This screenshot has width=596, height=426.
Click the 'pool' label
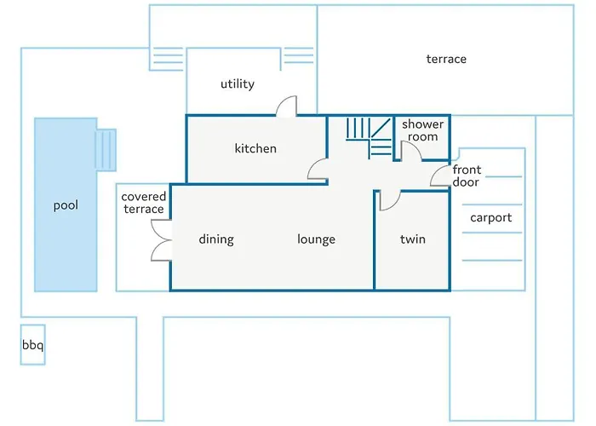point(66,205)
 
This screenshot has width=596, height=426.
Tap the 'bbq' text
point(32,346)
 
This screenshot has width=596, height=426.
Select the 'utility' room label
point(238,84)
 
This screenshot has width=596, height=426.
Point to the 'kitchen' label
point(255,148)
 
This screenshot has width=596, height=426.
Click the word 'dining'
point(216,239)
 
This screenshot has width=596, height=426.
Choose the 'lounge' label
point(316,239)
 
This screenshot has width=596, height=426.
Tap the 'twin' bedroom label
point(414,239)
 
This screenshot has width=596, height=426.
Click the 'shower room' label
point(422,130)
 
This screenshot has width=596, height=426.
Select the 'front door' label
point(467,176)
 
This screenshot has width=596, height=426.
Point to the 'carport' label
point(491,217)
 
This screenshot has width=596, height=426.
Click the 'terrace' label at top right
point(446,59)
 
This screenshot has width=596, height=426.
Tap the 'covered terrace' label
point(144,203)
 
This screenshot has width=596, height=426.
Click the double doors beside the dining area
point(160,239)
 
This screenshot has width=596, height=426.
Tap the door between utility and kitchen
point(286,106)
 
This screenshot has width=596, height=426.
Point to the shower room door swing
point(409,152)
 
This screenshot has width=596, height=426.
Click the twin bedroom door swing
point(389,200)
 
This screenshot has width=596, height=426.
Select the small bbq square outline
point(32,345)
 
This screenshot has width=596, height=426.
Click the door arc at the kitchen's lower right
point(318,170)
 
